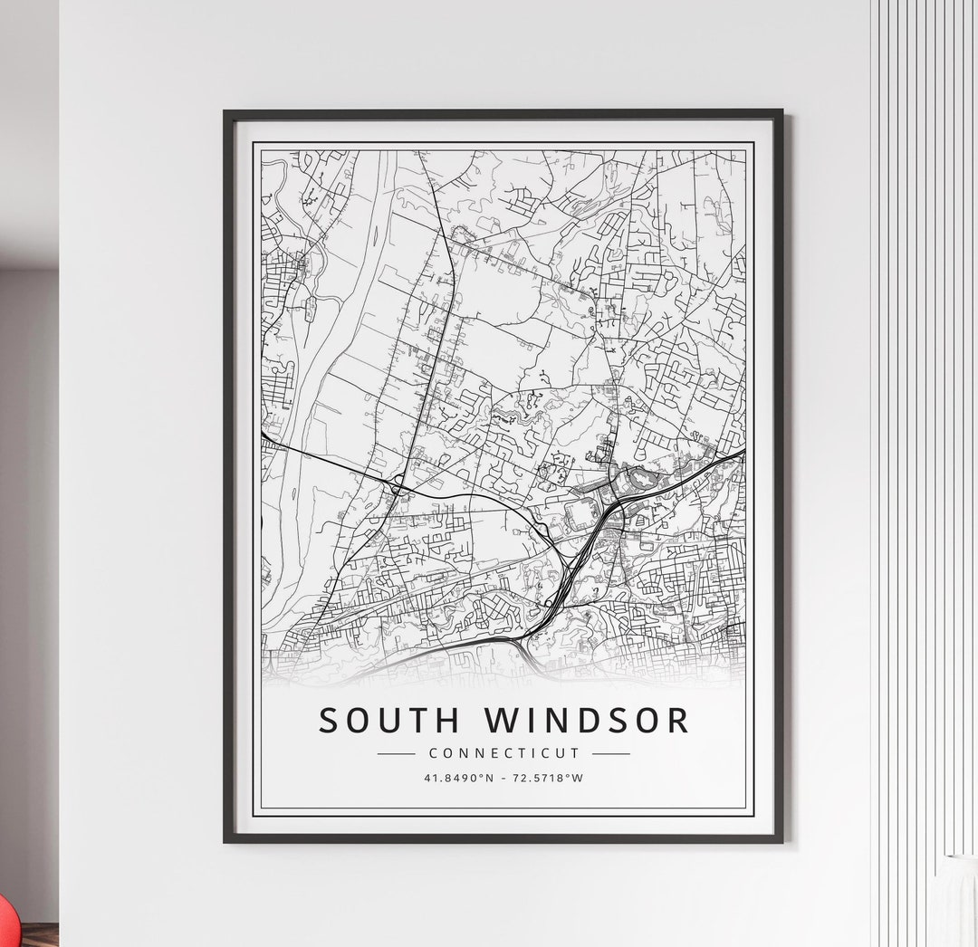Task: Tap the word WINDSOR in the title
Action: pyautogui.click(x=587, y=721)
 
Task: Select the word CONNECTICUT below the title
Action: pyautogui.click(x=503, y=753)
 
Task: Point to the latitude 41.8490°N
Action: pyautogui.click(x=458, y=777)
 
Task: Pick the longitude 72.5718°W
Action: pyautogui.click(x=549, y=777)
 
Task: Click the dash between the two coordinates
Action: pyautogui.click(x=503, y=777)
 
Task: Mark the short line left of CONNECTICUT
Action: pyautogui.click(x=396, y=753)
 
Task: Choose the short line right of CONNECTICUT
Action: pyautogui.click(x=611, y=753)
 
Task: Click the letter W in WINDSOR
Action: pyautogui.click(x=503, y=721)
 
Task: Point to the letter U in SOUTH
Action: pyautogui.click(x=392, y=721)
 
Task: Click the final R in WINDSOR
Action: pyautogui.click(x=677, y=721)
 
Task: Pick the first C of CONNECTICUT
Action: pyautogui.click(x=433, y=753)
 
